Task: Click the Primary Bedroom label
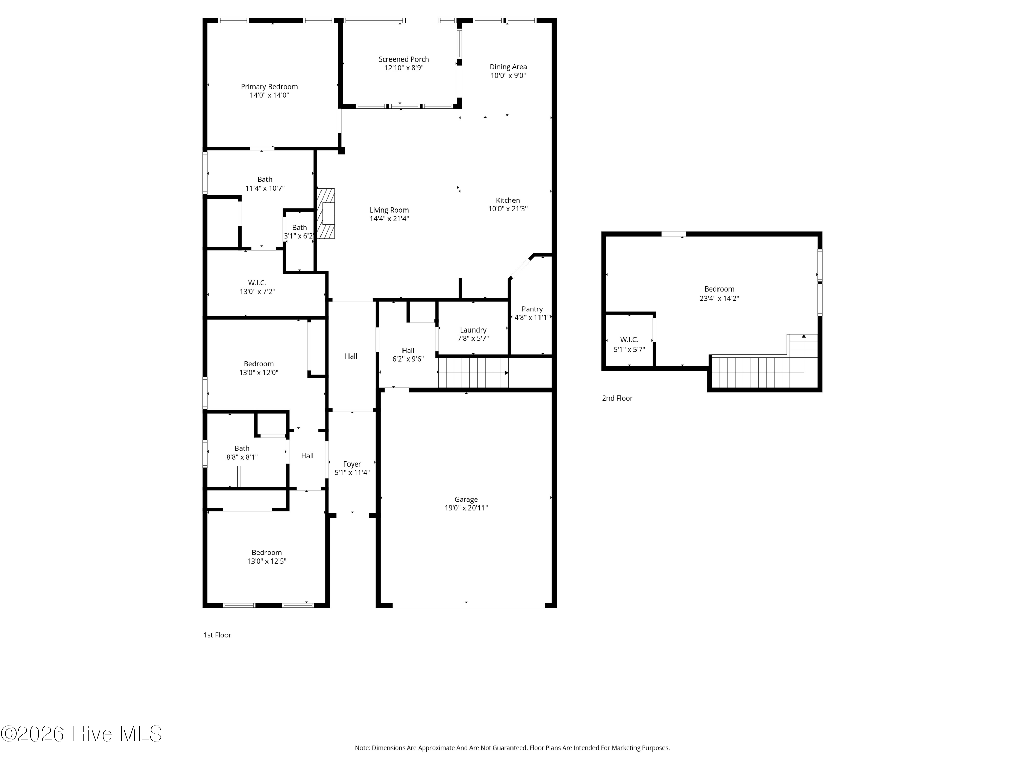point(269,87)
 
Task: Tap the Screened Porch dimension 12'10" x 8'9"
point(404,68)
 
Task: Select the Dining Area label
point(508,67)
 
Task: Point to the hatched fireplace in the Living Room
point(326,214)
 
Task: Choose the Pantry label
point(532,309)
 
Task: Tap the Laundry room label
point(473,330)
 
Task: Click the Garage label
point(466,499)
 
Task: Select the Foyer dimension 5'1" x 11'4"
point(352,473)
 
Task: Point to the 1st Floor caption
point(217,635)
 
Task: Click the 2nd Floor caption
point(617,398)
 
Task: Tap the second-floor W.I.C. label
point(629,340)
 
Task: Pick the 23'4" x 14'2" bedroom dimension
point(719,298)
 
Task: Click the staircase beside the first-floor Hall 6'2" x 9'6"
point(474,372)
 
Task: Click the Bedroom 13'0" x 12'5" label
point(266,553)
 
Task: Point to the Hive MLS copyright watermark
point(82,734)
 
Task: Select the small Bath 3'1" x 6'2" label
point(299,228)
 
